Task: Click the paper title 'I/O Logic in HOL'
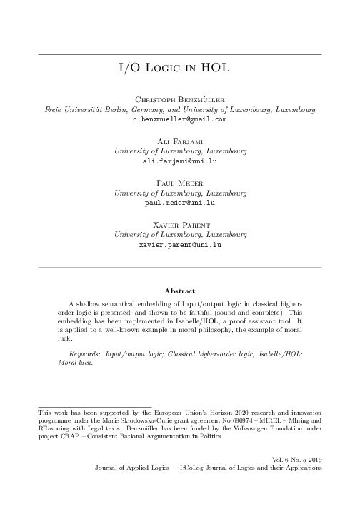180,69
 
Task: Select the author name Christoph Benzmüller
180,101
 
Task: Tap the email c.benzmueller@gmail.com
180,120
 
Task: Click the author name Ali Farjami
180,143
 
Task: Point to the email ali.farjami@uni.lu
180,162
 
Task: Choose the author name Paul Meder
180,183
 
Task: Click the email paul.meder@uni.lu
180,203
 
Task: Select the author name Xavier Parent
180,225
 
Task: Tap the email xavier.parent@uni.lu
180,244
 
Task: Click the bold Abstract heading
180,291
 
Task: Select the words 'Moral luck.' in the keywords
75,363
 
